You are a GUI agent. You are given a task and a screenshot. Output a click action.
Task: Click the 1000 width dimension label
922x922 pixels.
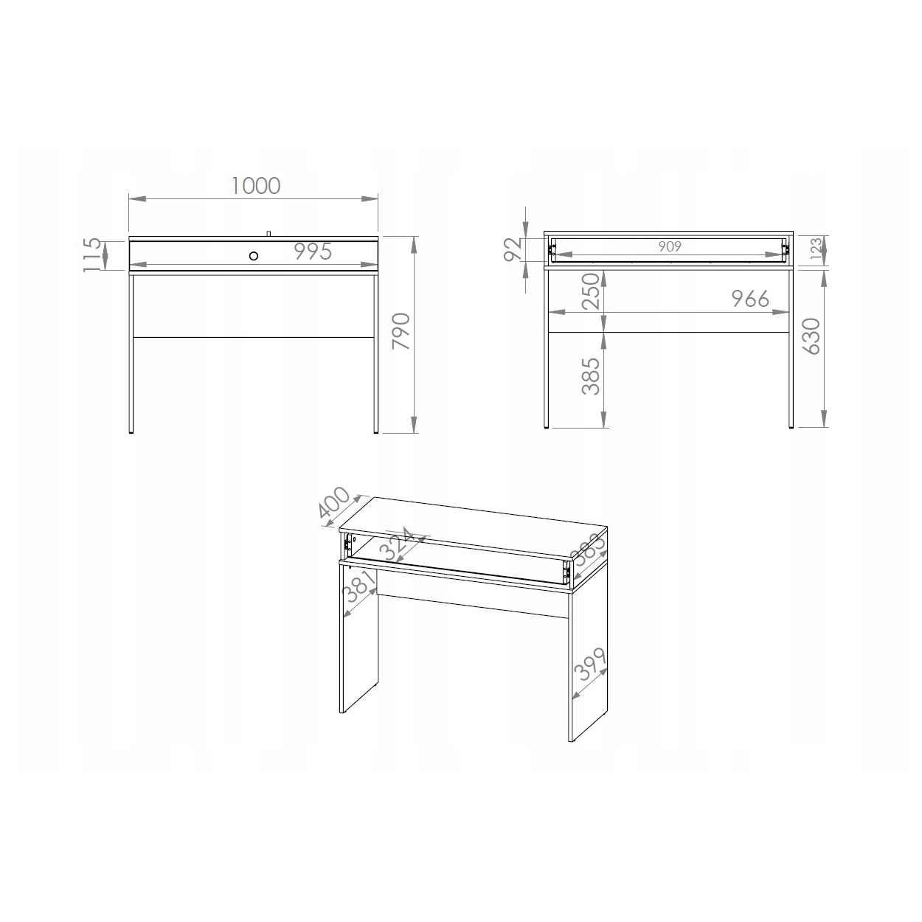click(256, 186)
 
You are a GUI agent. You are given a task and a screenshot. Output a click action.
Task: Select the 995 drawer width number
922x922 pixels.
click(313, 252)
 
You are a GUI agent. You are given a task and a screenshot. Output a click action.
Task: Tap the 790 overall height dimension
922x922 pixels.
click(401, 330)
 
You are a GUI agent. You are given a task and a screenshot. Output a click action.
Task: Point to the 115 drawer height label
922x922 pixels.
click(92, 255)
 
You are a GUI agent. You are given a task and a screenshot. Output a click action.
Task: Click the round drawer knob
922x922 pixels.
click(254, 255)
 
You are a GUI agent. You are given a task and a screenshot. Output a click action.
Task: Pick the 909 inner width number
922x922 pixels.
click(669, 246)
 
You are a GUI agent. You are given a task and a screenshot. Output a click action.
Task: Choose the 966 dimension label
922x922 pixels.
click(750, 299)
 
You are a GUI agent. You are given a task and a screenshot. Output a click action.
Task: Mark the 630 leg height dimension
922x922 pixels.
click(811, 336)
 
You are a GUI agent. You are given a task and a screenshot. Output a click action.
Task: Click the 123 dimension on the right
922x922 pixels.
click(817, 249)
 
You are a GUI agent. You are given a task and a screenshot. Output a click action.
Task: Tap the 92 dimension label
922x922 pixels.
click(513, 249)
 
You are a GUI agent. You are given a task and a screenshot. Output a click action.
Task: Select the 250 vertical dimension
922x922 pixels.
click(590, 291)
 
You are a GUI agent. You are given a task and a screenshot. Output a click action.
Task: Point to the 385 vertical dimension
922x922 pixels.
click(590, 376)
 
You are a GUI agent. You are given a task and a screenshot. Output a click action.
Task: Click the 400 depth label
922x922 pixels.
click(334, 502)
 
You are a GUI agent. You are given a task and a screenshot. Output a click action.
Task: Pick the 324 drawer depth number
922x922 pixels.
click(398, 544)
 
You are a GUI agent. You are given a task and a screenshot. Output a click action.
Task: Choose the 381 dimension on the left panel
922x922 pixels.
click(360, 588)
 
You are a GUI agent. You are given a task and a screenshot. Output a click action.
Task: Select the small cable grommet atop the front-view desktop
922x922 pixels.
click(269, 234)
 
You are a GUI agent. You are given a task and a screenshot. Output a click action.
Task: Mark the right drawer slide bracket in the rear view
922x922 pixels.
click(785, 249)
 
